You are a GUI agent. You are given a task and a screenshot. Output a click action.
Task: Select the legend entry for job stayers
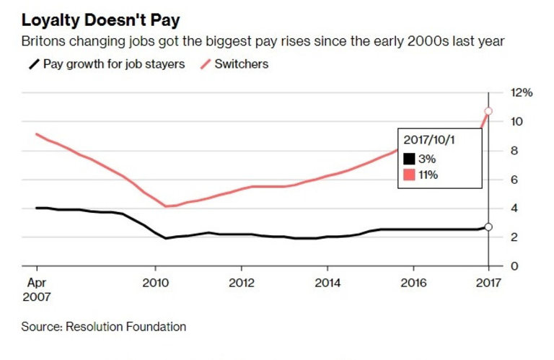point(107,63)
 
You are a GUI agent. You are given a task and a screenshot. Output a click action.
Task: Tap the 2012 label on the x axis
point(242,283)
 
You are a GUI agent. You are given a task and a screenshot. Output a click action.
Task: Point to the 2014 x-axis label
point(327,283)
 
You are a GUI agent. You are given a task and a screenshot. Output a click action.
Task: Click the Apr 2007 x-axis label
point(37,289)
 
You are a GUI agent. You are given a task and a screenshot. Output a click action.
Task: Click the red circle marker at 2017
point(488,111)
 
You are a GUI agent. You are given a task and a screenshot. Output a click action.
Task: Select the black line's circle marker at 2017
point(488,227)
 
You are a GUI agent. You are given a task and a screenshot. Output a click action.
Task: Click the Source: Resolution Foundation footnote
point(104,327)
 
